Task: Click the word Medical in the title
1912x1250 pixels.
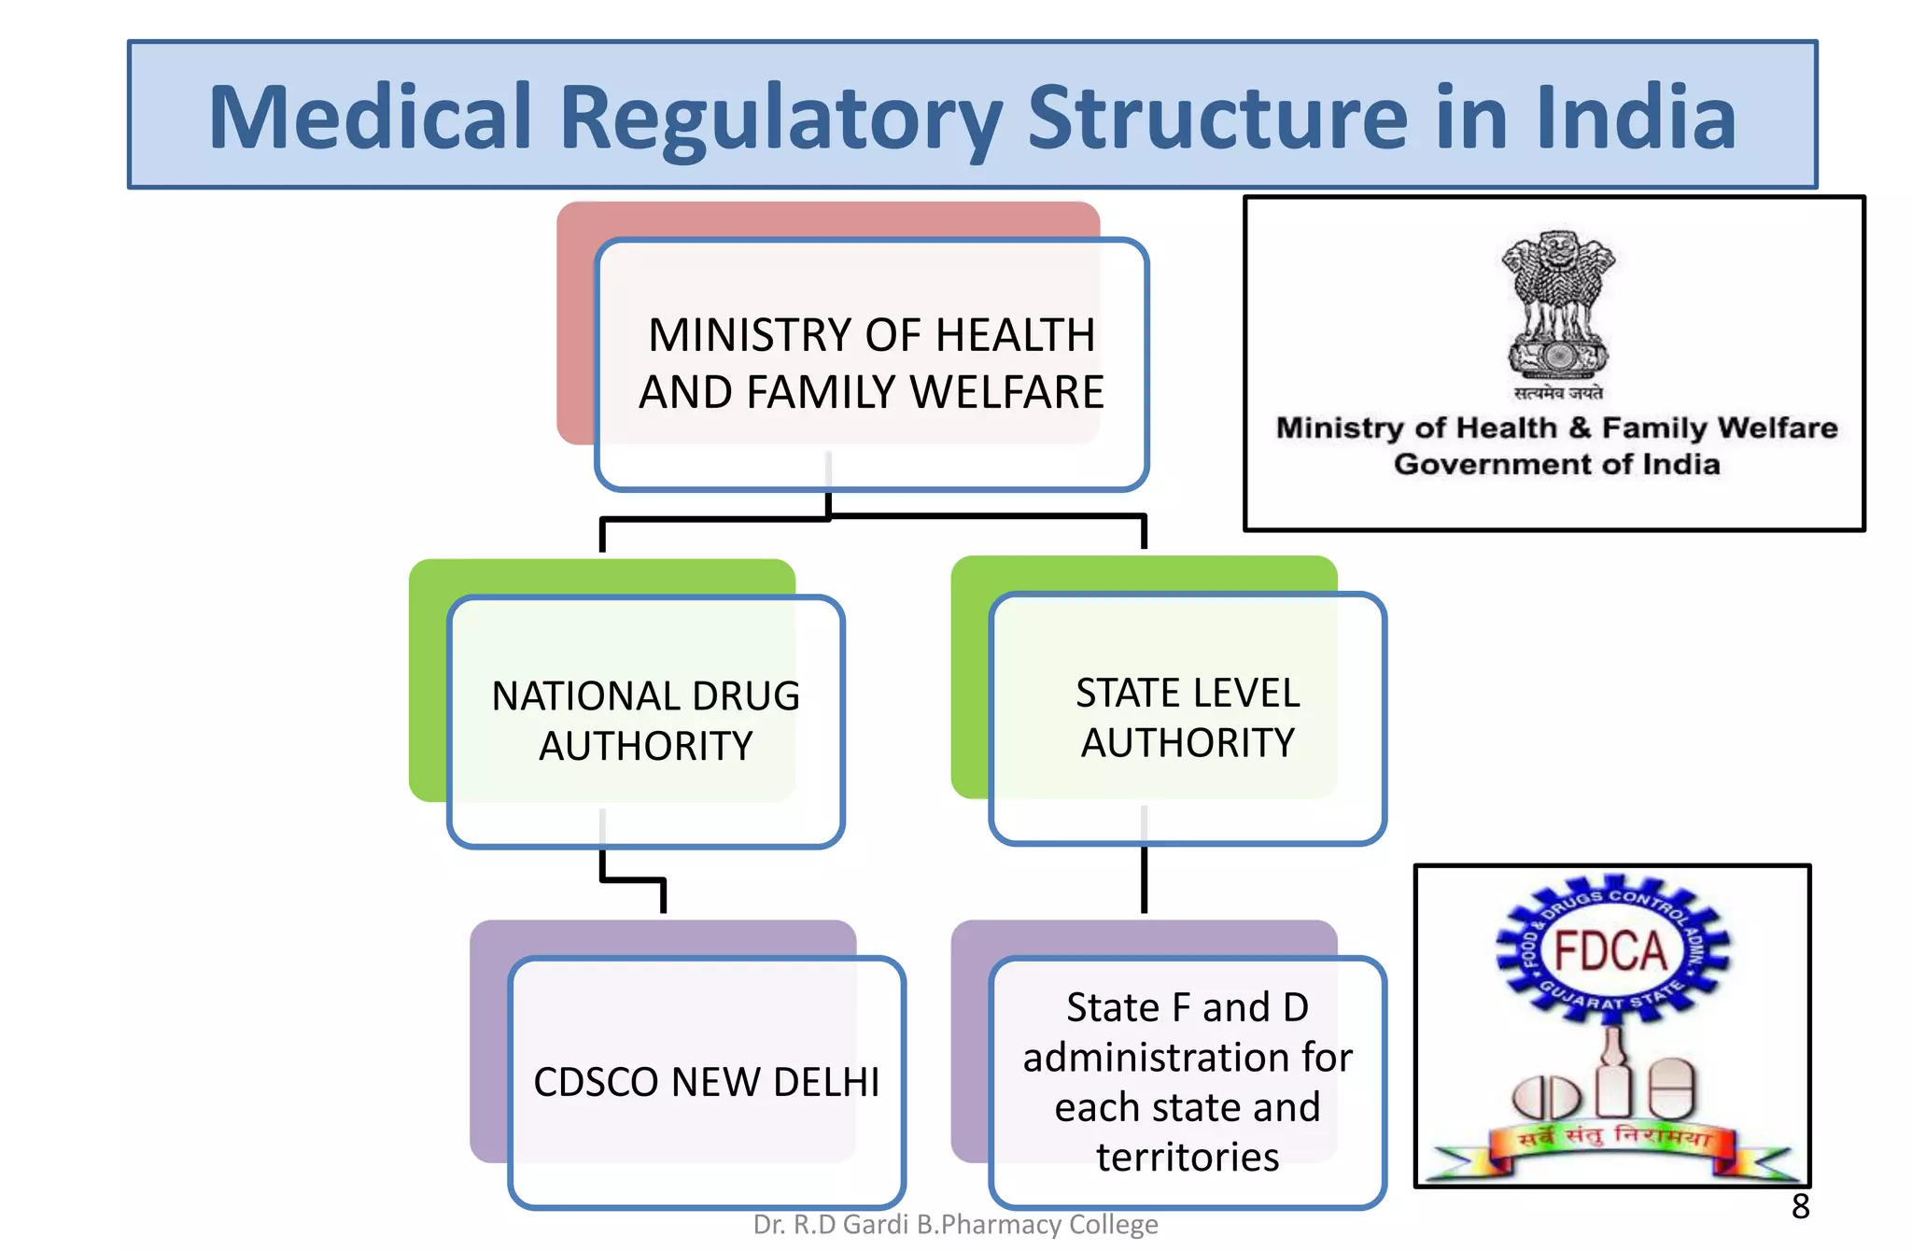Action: point(371,118)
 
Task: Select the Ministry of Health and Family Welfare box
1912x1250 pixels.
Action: point(871,363)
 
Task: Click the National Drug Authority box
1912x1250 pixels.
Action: point(646,721)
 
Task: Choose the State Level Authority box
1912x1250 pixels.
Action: point(1188,718)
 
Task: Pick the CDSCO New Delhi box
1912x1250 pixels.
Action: point(707,1082)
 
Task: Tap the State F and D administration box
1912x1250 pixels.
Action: point(1188,1081)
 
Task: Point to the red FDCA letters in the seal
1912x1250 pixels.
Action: point(1610,952)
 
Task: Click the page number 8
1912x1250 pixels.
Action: point(1801,1206)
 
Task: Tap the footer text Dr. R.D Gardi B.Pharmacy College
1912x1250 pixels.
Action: point(955,1224)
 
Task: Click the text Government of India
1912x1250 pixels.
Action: point(1556,464)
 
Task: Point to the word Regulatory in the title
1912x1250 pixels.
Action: point(780,119)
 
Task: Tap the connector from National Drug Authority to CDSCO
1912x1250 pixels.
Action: point(633,878)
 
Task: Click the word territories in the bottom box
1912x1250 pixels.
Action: point(1188,1157)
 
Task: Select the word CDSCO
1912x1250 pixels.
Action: point(597,1082)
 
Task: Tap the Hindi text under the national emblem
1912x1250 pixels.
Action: point(1558,393)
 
